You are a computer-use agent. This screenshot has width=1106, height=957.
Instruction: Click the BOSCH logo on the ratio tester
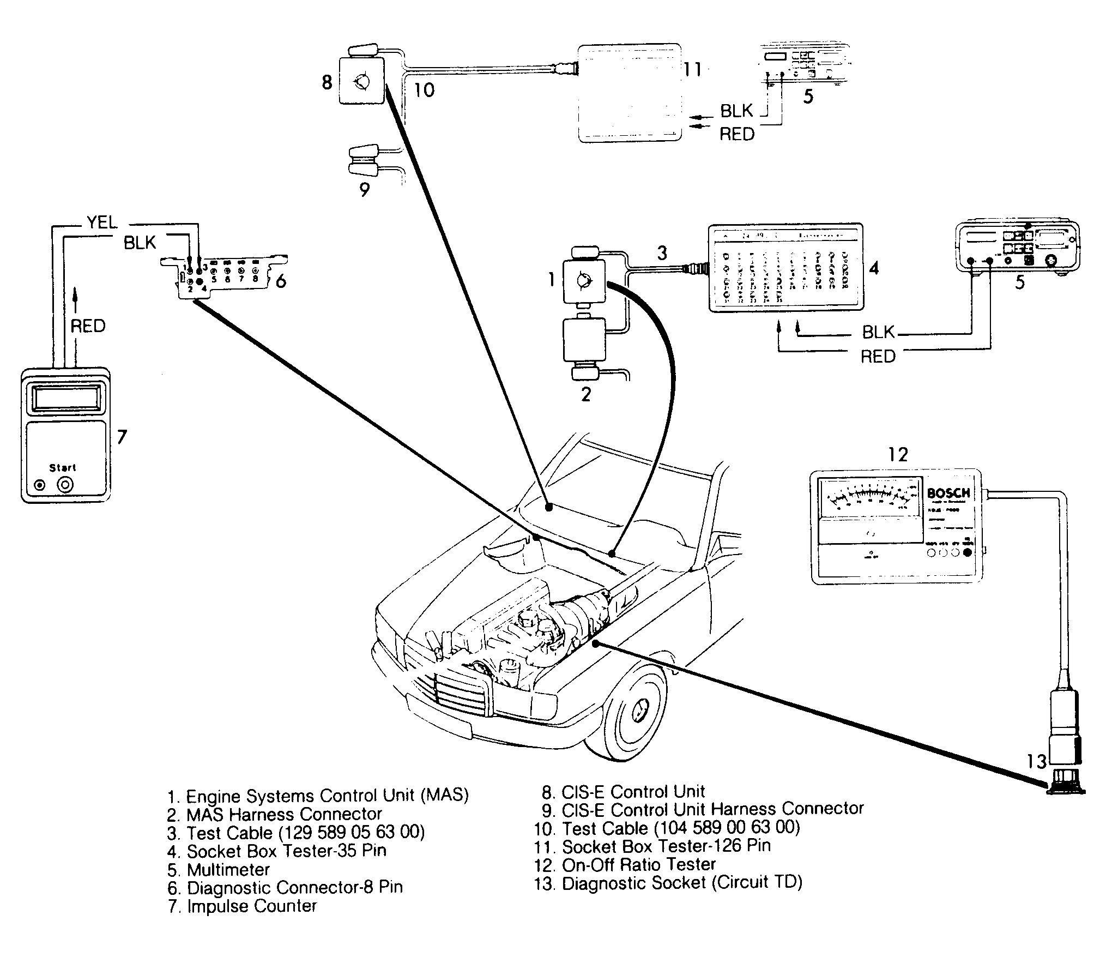pos(948,493)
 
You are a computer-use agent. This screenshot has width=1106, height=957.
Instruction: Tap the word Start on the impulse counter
pos(63,467)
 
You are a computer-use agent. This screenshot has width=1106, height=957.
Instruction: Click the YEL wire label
pos(102,222)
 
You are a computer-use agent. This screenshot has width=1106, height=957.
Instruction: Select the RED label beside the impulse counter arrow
pos(88,326)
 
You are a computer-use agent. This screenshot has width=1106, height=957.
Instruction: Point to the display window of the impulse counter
pos(66,398)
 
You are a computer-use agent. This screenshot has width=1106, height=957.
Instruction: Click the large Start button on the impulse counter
pos(66,485)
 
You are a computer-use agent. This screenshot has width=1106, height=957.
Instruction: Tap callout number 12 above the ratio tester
pos(898,454)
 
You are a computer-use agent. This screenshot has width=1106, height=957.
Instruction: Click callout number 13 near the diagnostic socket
pos(1036,761)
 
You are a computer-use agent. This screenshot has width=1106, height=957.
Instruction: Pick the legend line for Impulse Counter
pos(243,906)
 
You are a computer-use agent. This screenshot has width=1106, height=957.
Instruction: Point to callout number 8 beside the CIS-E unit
pos(327,82)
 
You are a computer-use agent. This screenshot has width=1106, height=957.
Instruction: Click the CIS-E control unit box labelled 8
pos(361,81)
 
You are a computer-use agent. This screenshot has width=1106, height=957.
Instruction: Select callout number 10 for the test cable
pos(424,90)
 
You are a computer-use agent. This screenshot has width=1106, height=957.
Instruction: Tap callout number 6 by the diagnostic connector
pos(281,281)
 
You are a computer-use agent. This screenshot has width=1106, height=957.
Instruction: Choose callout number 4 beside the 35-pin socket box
pos(873,268)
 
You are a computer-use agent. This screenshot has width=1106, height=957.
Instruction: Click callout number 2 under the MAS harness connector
pos(586,394)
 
